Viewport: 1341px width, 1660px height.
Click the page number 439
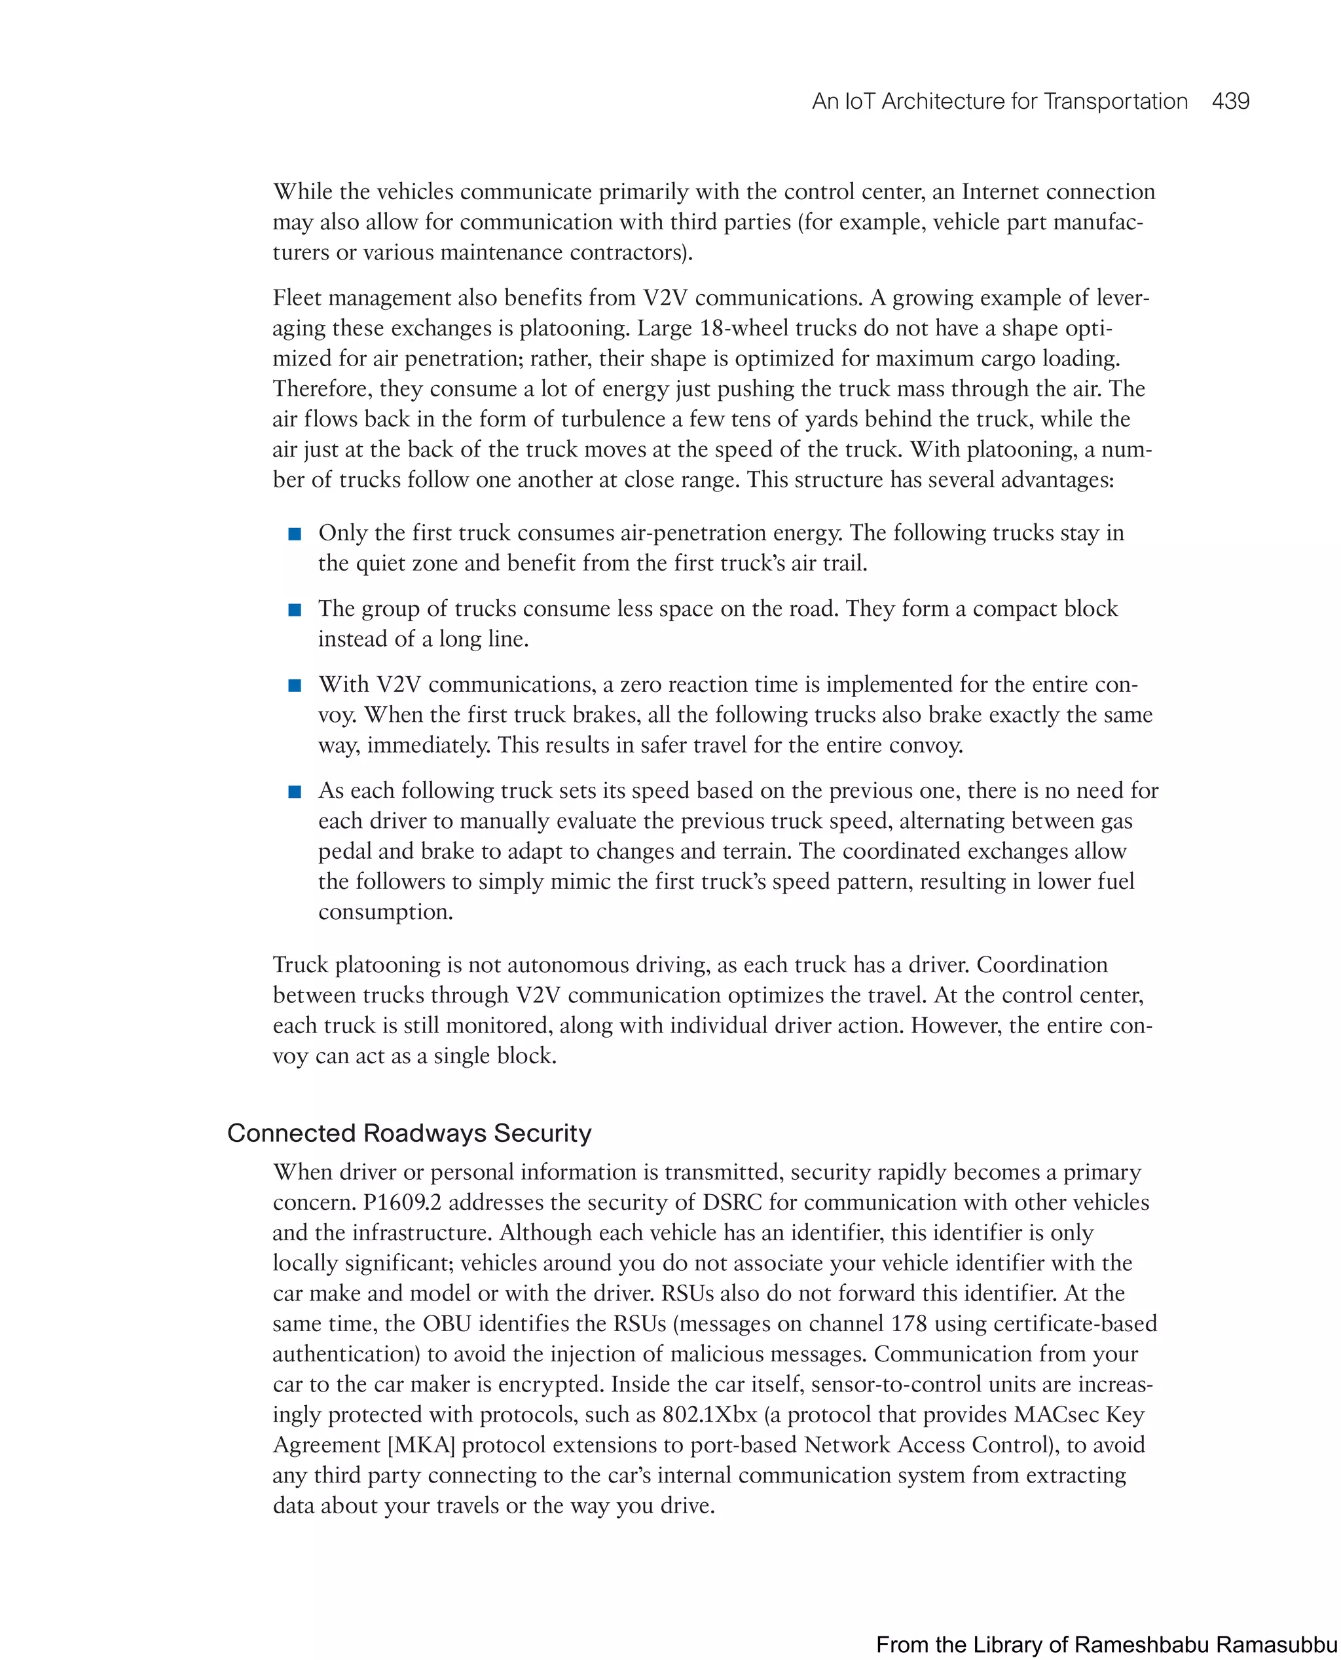tap(1230, 102)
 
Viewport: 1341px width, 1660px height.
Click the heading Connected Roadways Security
tap(409, 1133)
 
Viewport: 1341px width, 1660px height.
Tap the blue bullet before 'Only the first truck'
tap(294, 534)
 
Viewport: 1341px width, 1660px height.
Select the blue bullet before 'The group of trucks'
tap(294, 610)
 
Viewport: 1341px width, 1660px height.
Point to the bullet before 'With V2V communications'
tap(294, 685)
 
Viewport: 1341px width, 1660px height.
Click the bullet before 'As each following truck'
tap(294, 791)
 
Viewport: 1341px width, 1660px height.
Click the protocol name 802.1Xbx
tap(709, 1415)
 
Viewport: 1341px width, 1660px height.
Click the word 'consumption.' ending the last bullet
tap(385, 912)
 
